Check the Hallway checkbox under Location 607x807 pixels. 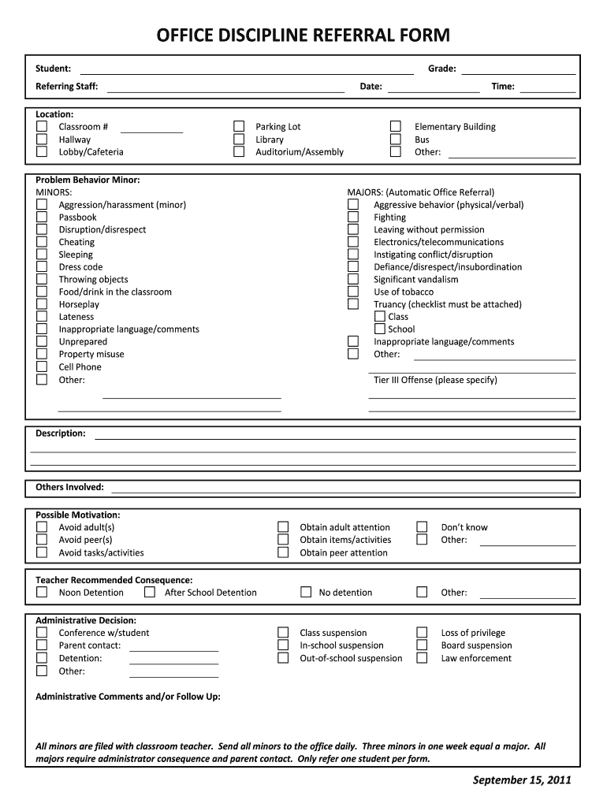coord(42,139)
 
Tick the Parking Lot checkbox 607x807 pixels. coord(239,127)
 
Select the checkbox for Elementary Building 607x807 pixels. coord(397,127)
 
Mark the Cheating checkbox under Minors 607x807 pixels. coord(42,243)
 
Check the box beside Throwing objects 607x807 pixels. coord(42,280)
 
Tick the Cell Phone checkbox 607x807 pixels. coord(42,367)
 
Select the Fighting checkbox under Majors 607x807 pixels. coord(353,218)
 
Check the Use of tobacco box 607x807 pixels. coord(353,292)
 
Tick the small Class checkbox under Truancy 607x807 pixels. coord(380,317)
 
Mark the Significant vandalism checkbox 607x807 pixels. coord(353,280)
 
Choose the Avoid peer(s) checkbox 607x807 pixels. coord(42,540)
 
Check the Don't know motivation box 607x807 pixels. coord(423,527)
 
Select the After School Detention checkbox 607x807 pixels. coord(149,593)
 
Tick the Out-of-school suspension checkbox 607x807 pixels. coord(282,658)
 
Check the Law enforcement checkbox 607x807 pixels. coord(423,658)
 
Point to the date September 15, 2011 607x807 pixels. coord(522,780)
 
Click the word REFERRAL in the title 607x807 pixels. coord(340,35)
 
